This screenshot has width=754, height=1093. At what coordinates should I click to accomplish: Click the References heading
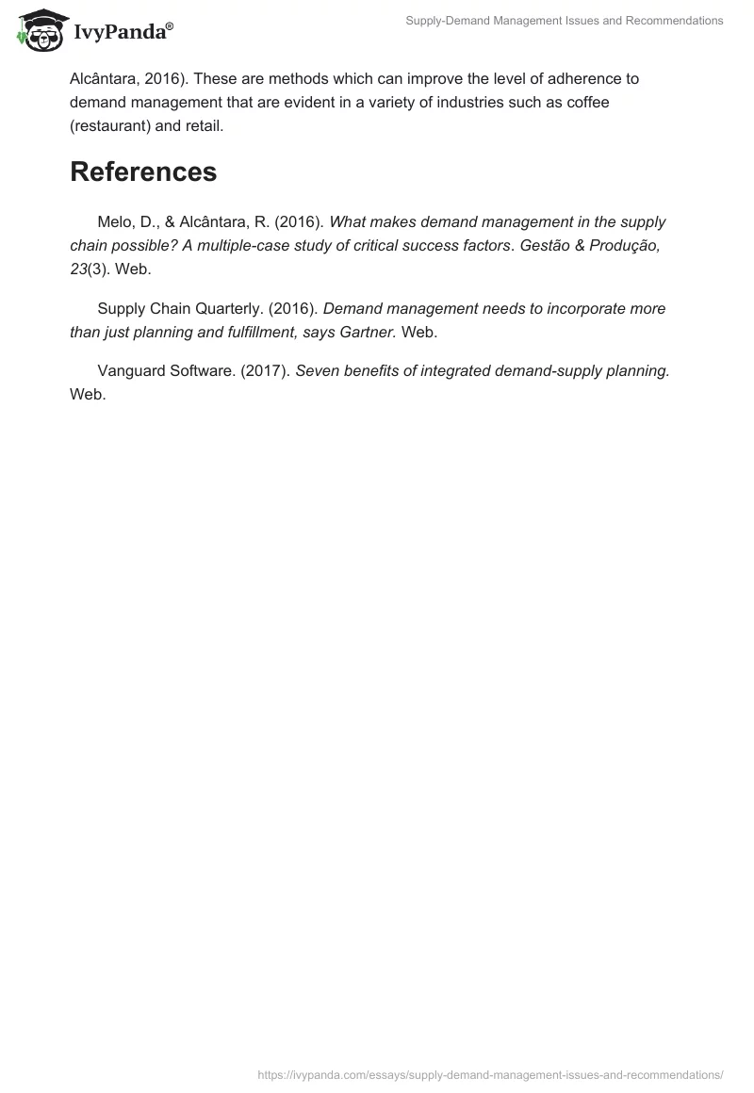point(143,171)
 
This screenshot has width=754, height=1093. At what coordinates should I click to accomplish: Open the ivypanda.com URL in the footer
point(490,1074)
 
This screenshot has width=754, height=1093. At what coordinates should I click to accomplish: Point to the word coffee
point(587,102)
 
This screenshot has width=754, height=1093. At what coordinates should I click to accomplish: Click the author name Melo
point(114,222)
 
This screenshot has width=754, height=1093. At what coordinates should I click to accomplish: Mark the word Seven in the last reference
point(317,370)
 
